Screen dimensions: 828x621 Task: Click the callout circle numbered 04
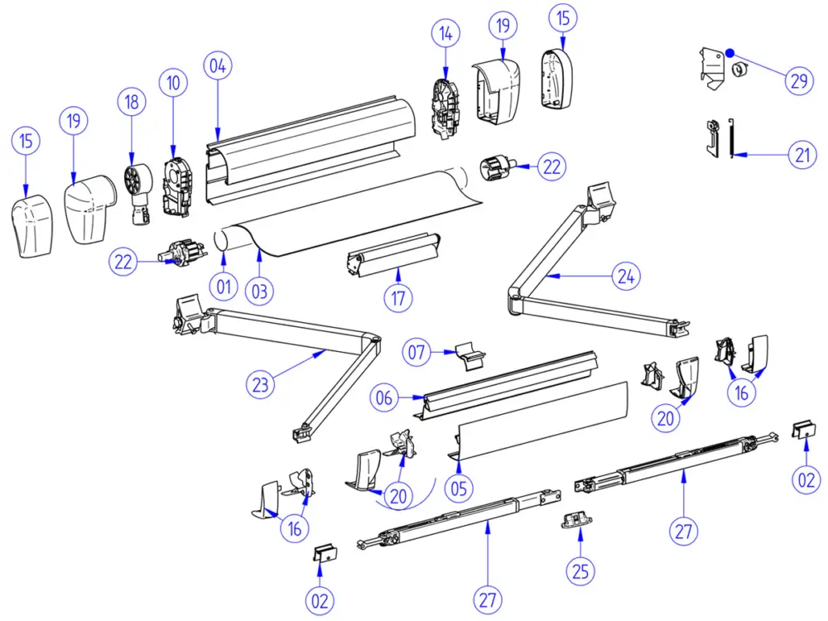[x=218, y=66]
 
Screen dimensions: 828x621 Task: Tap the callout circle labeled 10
[x=173, y=83]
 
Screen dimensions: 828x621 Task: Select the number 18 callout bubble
[x=132, y=101]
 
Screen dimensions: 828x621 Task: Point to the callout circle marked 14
[x=445, y=33]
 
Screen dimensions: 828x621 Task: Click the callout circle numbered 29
[x=799, y=80]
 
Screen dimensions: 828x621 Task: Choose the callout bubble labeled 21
[x=802, y=155]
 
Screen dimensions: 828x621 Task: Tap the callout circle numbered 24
[x=626, y=276]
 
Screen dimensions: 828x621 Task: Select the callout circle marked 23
[x=260, y=384]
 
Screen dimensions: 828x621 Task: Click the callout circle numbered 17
[x=398, y=298]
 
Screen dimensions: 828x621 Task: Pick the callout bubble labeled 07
[x=416, y=352]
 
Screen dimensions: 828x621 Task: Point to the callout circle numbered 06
[x=384, y=397]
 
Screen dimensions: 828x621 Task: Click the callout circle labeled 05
[x=459, y=488]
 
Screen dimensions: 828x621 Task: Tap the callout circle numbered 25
[x=580, y=570]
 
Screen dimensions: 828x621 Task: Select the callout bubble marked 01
[x=224, y=286]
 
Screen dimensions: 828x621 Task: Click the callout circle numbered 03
[x=259, y=291]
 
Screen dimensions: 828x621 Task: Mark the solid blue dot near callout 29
[x=729, y=53]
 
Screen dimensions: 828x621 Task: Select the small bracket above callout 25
[x=575, y=520]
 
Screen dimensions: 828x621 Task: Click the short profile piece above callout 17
[x=392, y=254]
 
